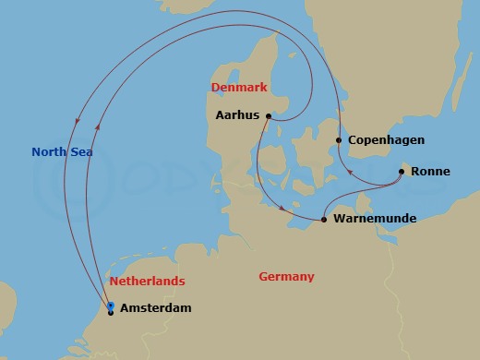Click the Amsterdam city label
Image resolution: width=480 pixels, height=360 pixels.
pyautogui.click(x=156, y=308)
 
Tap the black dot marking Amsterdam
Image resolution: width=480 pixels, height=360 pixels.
pyautogui.click(x=111, y=313)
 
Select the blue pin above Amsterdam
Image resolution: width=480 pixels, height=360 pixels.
pyautogui.click(x=111, y=305)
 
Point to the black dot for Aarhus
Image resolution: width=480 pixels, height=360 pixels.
pyautogui.click(x=268, y=116)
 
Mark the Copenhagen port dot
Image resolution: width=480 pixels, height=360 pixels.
pyautogui.click(x=339, y=140)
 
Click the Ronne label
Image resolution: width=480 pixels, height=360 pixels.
pyautogui.click(x=430, y=172)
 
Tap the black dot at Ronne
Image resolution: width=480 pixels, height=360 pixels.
pyautogui.click(x=402, y=172)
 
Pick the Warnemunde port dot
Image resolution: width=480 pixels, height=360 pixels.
pyautogui.click(x=324, y=220)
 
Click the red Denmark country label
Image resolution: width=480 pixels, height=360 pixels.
pyautogui.click(x=239, y=88)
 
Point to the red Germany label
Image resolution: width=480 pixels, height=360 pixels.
pyautogui.click(x=286, y=277)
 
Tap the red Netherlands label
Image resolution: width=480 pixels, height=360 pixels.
pyautogui.click(x=147, y=281)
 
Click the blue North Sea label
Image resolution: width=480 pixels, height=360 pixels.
pyautogui.click(x=63, y=152)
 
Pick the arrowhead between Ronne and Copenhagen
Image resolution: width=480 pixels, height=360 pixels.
pyautogui.click(x=349, y=172)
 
